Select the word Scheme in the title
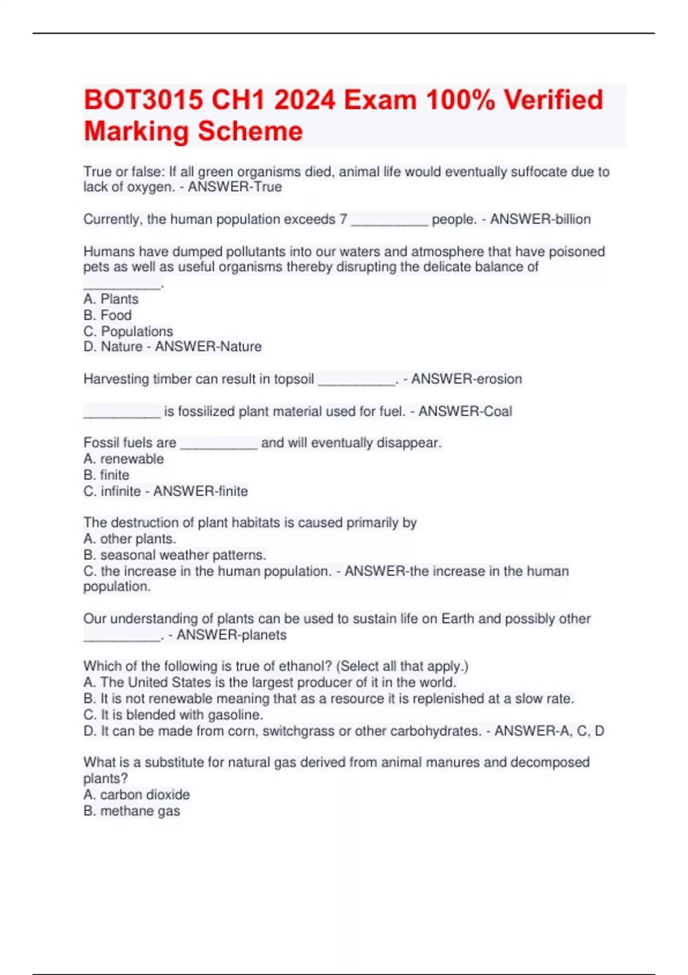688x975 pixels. [247, 131]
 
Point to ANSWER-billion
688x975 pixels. [540, 219]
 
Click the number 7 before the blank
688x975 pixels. [343, 219]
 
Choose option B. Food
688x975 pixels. [108, 315]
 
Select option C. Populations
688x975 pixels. [128, 331]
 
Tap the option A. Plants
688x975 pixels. [111, 299]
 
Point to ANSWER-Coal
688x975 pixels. [465, 411]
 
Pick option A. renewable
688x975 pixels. [124, 459]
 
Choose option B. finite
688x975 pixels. [107, 475]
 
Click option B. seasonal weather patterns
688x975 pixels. [175, 555]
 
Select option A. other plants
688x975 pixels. [130, 539]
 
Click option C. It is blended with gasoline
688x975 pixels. [174, 715]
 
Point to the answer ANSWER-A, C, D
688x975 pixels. [549, 731]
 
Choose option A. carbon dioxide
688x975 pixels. [137, 794]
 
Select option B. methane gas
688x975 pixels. [132, 810]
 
